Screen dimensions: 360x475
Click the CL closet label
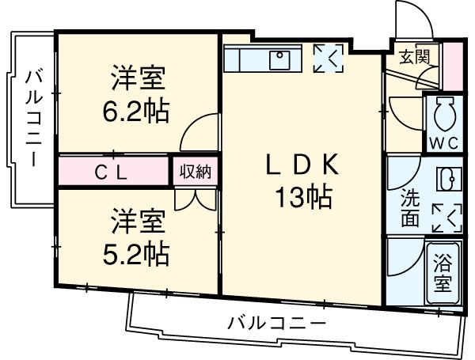click(x=110, y=172)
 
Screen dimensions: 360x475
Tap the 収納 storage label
click(x=194, y=172)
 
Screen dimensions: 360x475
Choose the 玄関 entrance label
click(x=412, y=56)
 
